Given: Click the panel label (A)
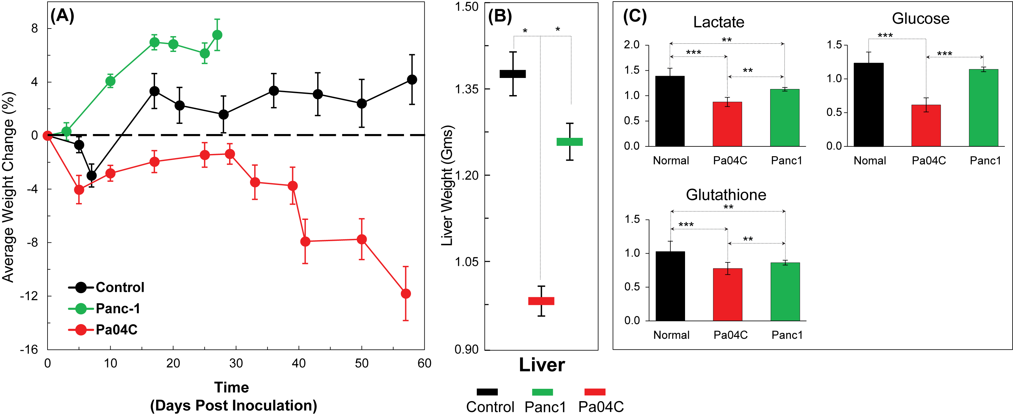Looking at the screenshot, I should (62, 16).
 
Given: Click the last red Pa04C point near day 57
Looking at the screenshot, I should (406, 293).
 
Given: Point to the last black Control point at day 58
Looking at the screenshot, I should (412, 80).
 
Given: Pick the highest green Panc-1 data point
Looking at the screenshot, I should (217, 35).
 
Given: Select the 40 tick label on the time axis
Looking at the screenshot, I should (299, 363).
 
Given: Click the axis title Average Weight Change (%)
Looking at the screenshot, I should (9, 187).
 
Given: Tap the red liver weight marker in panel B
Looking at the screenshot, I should (541, 301).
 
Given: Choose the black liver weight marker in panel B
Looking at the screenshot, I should (513, 74).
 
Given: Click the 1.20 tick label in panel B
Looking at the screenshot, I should (467, 176).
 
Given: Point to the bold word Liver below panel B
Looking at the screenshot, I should (542, 365).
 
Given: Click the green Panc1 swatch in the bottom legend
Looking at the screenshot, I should (542, 392).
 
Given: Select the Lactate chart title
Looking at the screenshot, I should (718, 22).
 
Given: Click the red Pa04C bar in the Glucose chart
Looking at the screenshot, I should (926, 125).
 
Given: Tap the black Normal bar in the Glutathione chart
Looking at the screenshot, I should (670, 286).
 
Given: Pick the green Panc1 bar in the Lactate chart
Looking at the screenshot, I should (785, 118).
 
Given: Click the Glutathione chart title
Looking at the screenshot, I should (726, 195).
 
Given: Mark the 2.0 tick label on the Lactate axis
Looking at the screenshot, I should (632, 44).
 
